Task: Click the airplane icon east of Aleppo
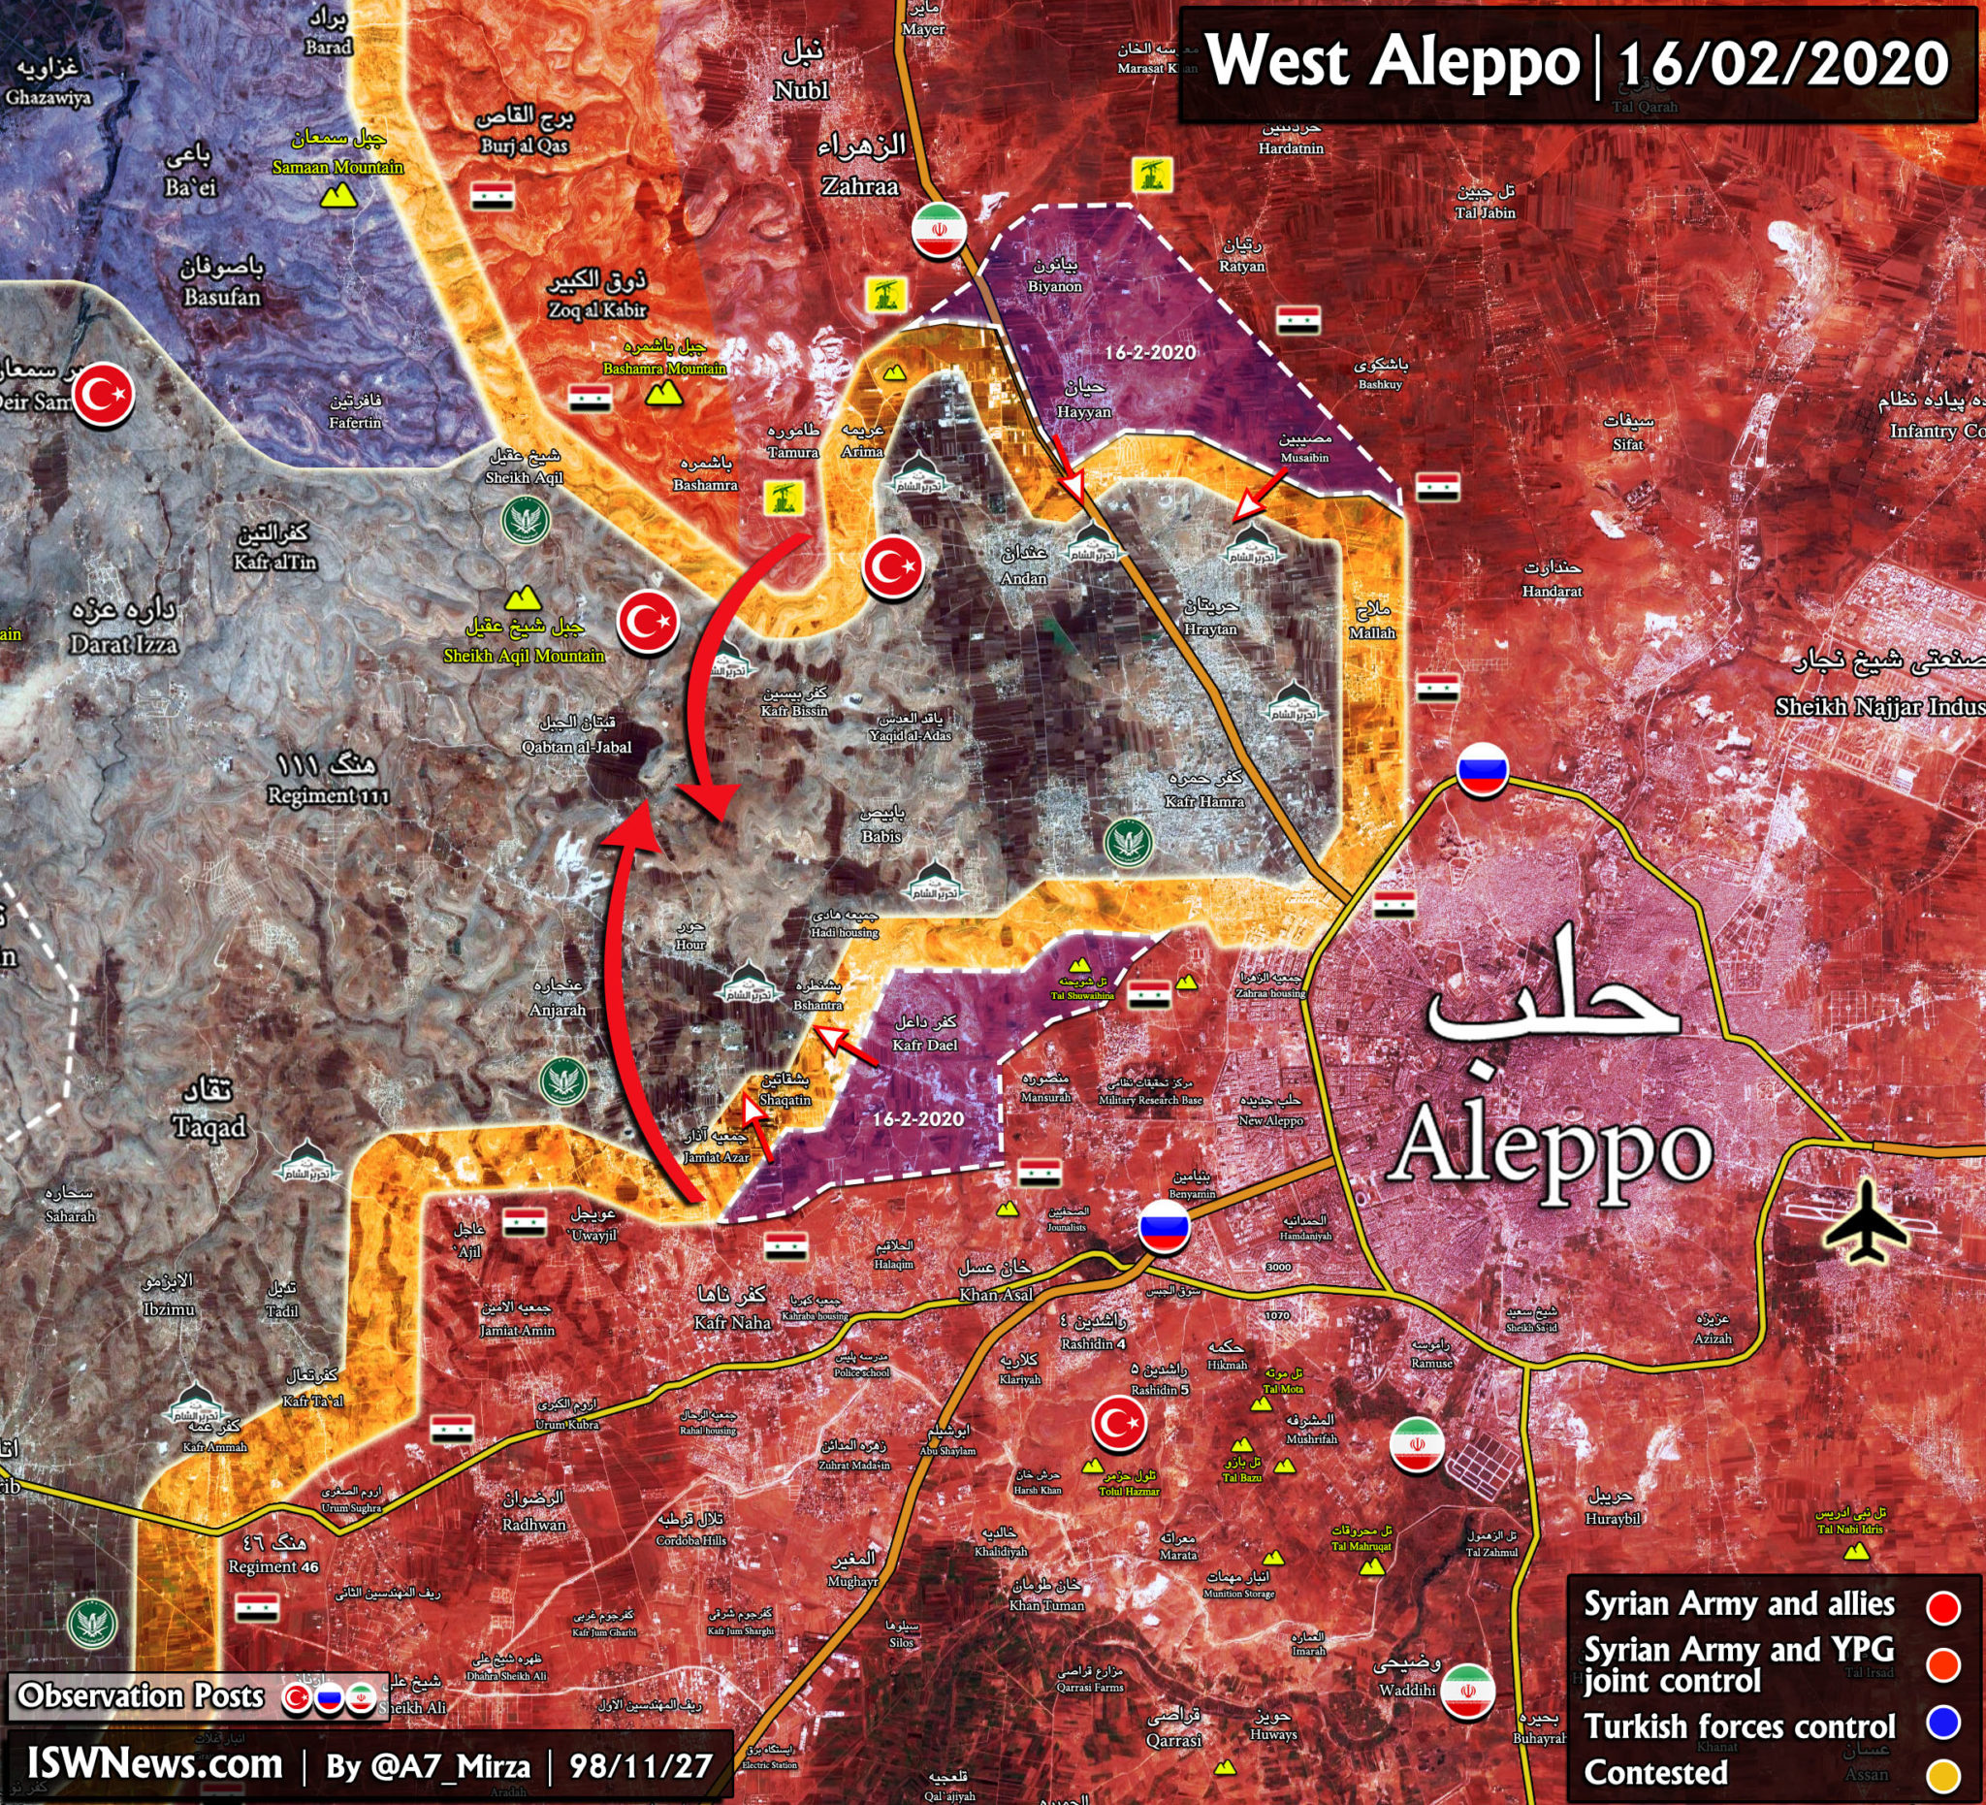(1865, 1223)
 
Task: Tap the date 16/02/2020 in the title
(1781, 63)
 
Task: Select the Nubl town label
(801, 89)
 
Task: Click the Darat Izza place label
(123, 644)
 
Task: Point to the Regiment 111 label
(328, 795)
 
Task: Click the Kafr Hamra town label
(1203, 801)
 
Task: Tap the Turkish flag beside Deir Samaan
(105, 395)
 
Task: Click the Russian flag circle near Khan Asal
(1164, 1227)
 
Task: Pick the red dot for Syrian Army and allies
(1941, 1607)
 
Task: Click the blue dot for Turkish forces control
(1941, 1722)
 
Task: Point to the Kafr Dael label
(924, 1045)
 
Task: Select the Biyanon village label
(1054, 286)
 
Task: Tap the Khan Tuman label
(1046, 1605)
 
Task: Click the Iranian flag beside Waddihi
(1467, 1692)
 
